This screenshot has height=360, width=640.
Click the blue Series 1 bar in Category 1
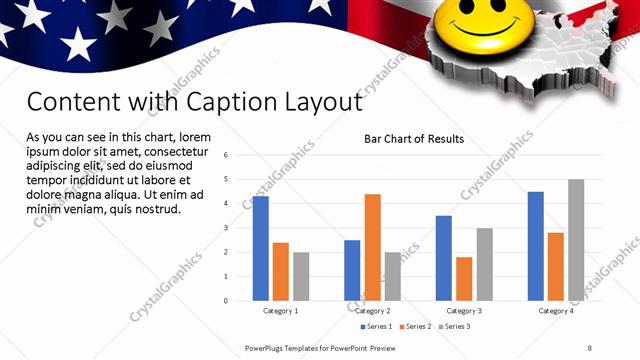[260, 248]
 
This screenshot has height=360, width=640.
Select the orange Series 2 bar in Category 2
[372, 247]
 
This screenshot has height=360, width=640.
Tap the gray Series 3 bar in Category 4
[576, 240]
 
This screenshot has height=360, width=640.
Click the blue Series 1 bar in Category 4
[536, 246]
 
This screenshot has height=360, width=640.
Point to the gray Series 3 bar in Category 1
[301, 276]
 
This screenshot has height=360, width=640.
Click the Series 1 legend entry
[377, 326]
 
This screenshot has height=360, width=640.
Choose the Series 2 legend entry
[415, 326]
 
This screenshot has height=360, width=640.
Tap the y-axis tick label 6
[227, 155]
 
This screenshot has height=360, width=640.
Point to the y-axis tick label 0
[227, 300]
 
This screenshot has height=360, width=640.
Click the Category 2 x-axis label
[372, 311]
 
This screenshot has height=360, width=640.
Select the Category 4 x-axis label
[556, 311]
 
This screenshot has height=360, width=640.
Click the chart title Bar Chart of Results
[413, 139]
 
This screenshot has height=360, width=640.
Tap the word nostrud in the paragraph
[154, 209]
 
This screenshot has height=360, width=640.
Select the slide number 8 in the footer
[590, 347]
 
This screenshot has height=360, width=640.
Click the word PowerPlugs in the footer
[268, 347]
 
